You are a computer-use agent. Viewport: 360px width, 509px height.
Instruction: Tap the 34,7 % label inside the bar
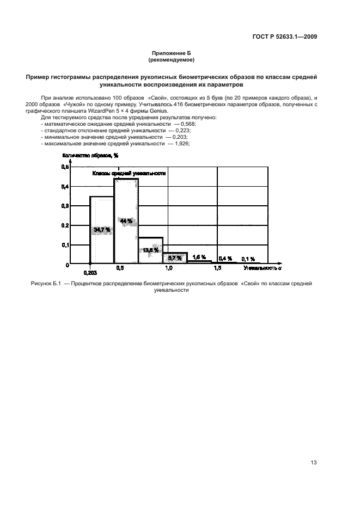[x=102, y=230]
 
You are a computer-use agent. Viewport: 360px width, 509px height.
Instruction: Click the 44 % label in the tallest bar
[x=126, y=221]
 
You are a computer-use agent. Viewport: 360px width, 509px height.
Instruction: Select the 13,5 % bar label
[x=150, y=250]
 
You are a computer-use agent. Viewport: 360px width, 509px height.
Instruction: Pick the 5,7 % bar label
[x=175, y=257]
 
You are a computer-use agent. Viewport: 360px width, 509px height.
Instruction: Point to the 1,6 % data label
[x=199, y=256]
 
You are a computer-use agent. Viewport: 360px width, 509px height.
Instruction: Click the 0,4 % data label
[x=225, y=259]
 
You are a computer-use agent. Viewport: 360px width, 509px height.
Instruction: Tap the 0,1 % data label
[x=248, y=259]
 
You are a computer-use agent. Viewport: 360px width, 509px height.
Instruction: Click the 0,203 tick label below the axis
[x=90, y=272]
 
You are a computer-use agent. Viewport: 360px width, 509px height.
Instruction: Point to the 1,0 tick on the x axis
[x=169, y=268]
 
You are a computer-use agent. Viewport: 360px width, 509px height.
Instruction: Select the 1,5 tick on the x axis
[x=217, y=268]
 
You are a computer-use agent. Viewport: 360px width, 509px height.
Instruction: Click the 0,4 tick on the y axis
[x=65, y=187]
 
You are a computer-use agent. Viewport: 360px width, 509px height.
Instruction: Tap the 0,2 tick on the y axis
[x=65, y=225]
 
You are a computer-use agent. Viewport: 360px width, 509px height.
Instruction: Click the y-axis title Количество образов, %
[x=90, y=155]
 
